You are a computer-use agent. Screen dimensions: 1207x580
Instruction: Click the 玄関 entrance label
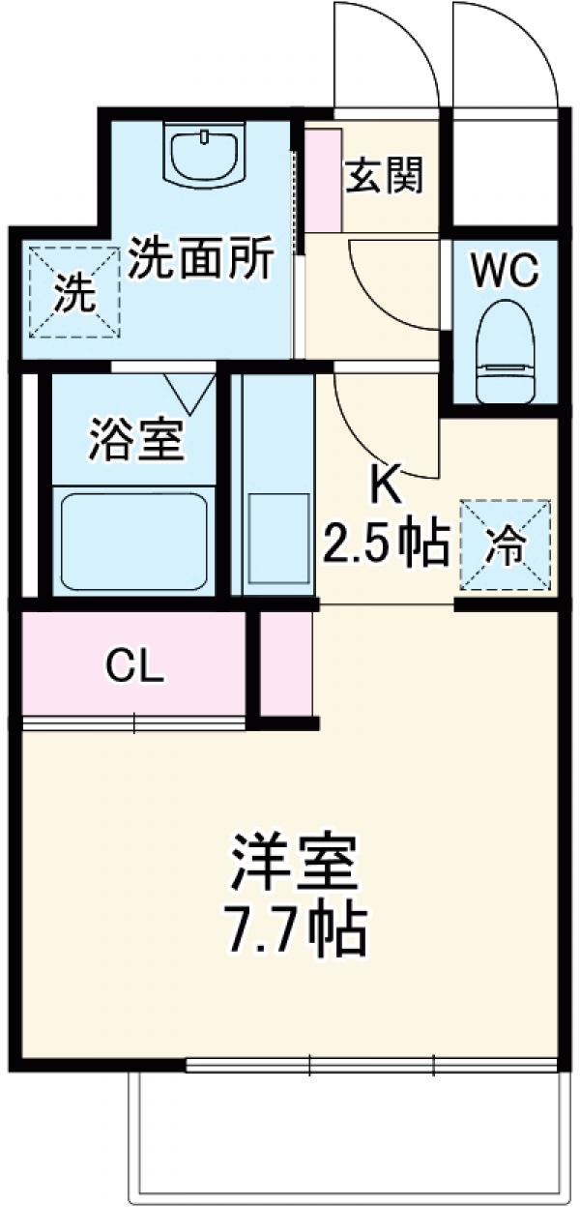(385, 176)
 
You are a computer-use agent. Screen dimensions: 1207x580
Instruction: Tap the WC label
(504, 272)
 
